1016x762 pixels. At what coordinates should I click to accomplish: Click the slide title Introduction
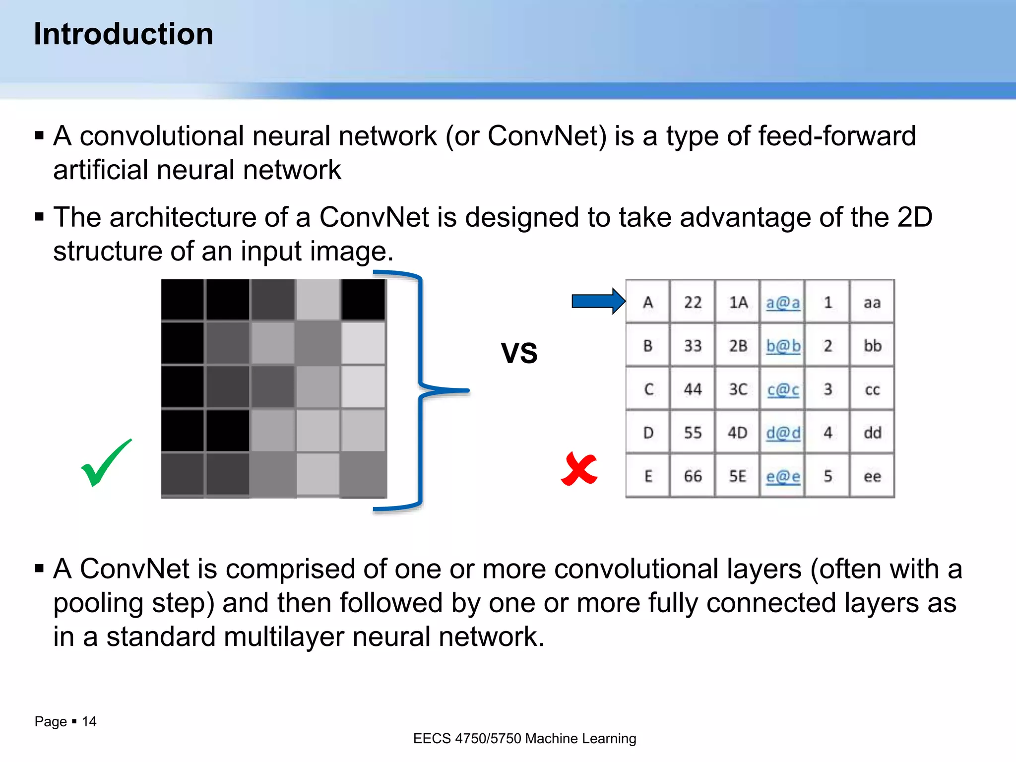pos(124,34)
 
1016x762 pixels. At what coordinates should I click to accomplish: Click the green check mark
pos(105,463)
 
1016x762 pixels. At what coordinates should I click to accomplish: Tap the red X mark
pos(579,469)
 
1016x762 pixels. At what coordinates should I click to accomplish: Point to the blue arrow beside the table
pos(598,301)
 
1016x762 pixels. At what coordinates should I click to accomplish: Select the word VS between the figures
pos(519,353)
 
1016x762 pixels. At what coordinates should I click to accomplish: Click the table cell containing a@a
pos(782,302)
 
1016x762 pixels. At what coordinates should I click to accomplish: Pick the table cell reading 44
pos(693,389)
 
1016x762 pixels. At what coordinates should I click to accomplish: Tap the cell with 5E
pos(737,476)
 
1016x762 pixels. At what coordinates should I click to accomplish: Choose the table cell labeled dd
pos(872,433)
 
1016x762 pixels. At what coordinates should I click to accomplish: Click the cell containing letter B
pos(648,346)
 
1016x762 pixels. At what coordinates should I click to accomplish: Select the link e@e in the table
pos(782,476)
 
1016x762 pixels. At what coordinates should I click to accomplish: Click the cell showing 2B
pos(737,346)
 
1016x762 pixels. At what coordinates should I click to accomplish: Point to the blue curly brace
pos(422,390)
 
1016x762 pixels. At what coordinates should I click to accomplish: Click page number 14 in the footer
pos(89,721)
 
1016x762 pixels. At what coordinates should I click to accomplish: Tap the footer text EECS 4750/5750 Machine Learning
pos(524,738)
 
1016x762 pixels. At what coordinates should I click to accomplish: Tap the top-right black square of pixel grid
pos(363,300)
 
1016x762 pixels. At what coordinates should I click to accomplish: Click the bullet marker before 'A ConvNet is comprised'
pos(40,569)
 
